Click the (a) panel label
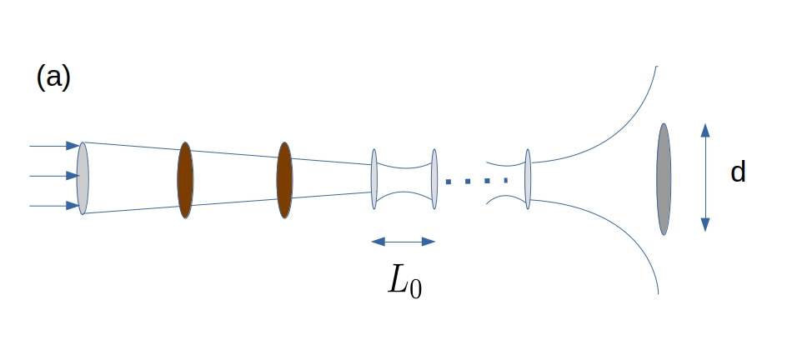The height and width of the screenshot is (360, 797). coord(53,77)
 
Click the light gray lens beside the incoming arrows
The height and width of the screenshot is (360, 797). coord(83,178)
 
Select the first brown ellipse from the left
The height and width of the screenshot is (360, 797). coord(185,180)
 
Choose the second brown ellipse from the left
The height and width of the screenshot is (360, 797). coord(284,180)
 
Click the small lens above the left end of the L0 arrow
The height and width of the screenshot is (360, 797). coord(374,178)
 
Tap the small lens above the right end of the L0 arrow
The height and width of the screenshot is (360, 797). coord(434,178)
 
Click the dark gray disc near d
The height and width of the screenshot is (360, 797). coord(664,179)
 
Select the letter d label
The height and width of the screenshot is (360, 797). coord(737,172)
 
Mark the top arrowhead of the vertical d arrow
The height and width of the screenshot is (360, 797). coord(705,130)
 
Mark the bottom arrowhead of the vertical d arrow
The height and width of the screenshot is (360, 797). coord(705,224)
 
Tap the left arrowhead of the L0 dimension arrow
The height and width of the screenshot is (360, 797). coord(377,242)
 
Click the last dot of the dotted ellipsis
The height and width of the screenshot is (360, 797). coord(504,180)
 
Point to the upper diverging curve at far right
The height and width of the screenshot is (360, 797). coord(617,125)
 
